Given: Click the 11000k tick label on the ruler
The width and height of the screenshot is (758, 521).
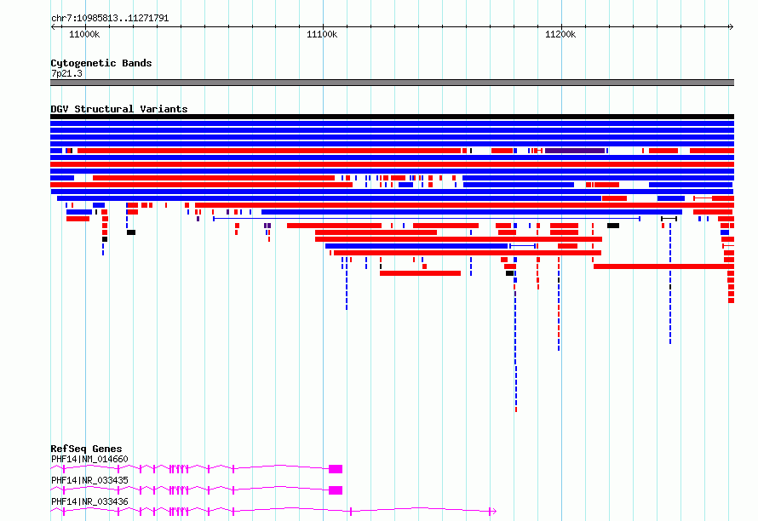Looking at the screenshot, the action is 84,34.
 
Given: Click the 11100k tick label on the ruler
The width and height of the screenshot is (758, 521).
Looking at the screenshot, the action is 322,34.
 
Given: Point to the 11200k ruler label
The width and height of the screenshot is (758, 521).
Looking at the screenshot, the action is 560,34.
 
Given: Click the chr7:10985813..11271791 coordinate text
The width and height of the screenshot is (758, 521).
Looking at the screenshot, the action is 110,19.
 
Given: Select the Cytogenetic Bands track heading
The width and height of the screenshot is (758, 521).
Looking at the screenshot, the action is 101,63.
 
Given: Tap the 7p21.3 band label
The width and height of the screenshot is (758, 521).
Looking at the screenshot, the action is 66,73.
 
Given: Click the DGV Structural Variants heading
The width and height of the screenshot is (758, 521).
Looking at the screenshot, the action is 119,109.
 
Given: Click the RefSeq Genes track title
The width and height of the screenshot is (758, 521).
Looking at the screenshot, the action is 86,449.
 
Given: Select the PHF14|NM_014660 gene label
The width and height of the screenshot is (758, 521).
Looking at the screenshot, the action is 89,459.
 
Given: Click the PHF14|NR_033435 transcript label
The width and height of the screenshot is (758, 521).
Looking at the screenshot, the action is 89,480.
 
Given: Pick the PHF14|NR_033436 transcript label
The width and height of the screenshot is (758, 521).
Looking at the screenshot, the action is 89,501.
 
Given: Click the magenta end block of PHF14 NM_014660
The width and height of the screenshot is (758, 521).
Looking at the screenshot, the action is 336,469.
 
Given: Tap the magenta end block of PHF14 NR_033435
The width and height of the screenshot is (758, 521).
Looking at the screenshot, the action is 336,490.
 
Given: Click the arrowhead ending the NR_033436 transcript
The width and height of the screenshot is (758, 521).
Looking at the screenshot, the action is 494,512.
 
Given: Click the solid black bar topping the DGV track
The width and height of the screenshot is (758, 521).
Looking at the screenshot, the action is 392,117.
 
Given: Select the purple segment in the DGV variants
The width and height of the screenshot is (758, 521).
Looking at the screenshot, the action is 575,151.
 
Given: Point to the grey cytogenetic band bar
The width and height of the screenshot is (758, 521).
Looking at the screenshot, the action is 392,83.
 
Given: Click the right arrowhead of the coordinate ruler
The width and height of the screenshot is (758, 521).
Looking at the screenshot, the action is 732,27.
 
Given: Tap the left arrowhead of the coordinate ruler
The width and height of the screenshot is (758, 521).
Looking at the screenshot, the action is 53,27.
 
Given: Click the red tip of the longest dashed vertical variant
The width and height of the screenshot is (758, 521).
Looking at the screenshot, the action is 516,409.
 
